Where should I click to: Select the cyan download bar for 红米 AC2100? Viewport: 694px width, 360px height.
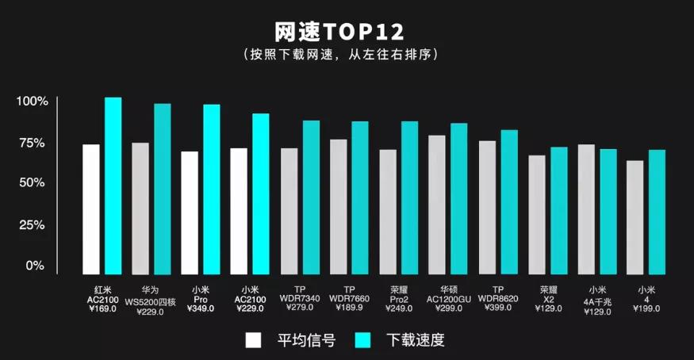coord(113,186)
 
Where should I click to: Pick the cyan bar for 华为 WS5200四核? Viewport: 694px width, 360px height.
coord(163,189)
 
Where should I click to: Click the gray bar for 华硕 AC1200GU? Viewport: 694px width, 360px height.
coord(436,205)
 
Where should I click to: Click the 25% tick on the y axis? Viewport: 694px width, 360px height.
coord(34,224)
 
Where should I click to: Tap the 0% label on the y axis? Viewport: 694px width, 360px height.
coord(35,266)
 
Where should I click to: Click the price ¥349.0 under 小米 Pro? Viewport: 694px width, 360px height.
coord(201,308)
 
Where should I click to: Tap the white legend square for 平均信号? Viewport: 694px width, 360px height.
coord(253,340)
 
